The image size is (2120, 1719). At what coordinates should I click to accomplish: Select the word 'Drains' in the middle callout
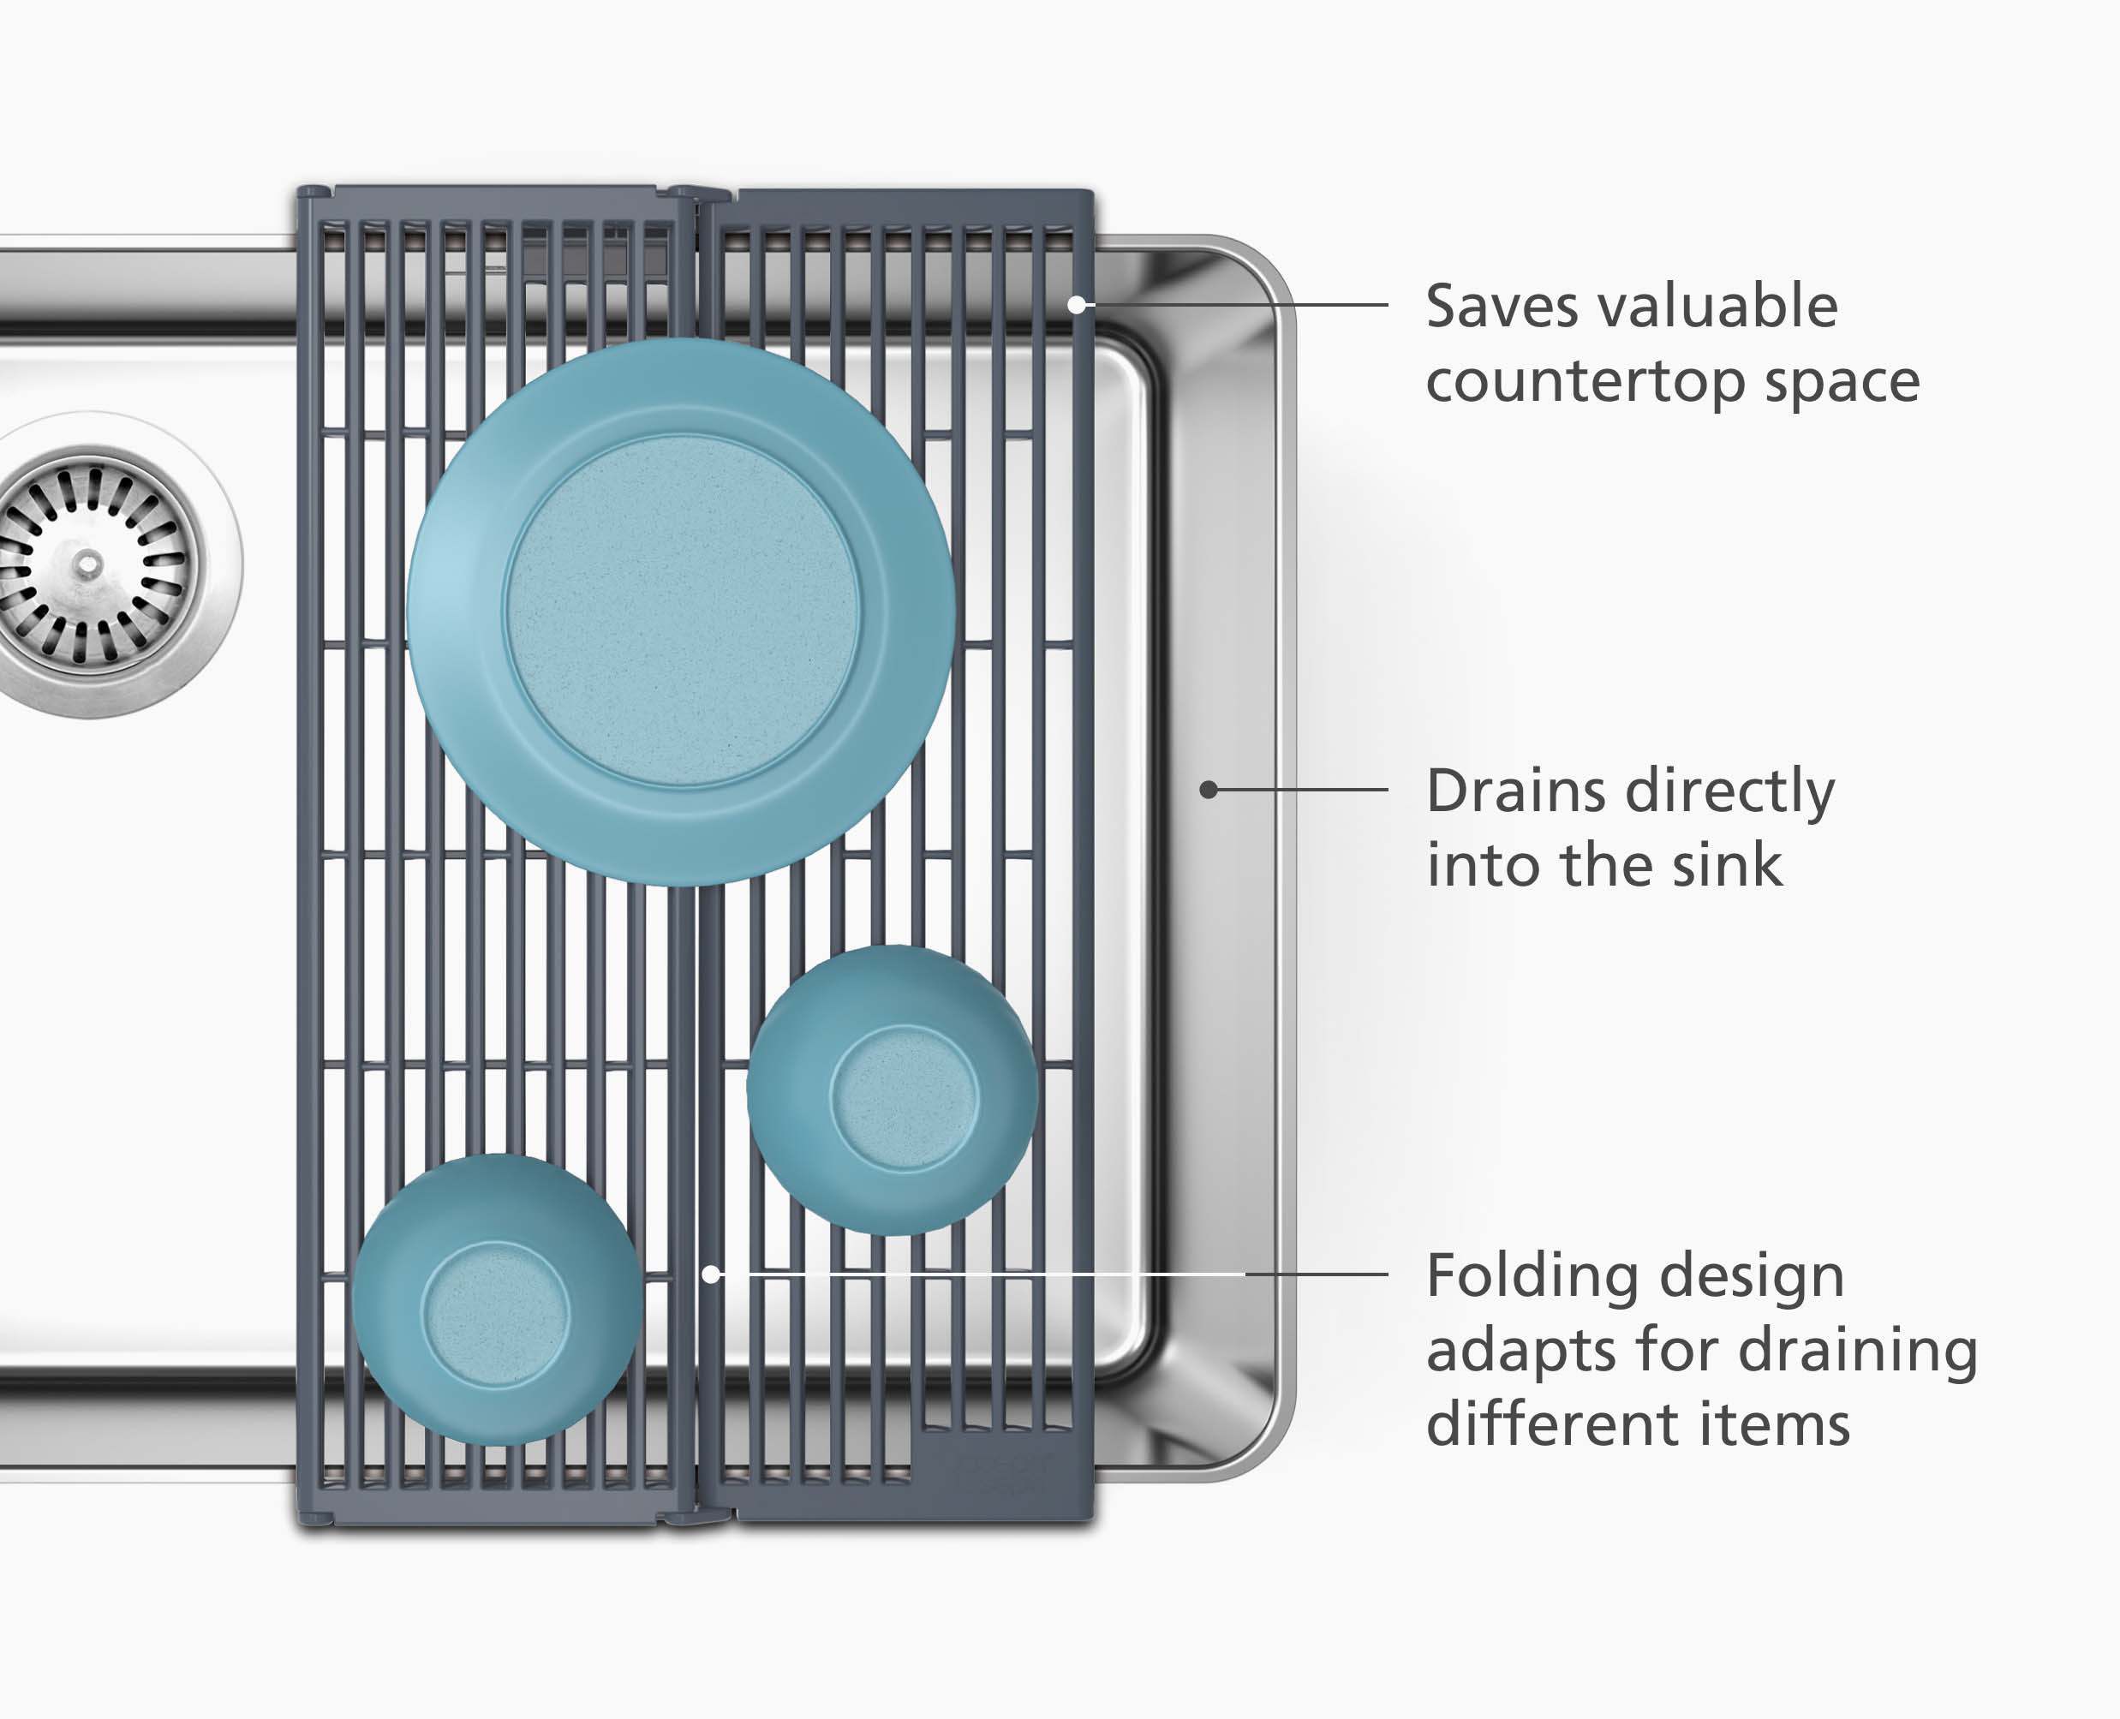pos(1516,791)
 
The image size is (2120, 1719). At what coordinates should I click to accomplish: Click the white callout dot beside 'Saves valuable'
pos(1077,305)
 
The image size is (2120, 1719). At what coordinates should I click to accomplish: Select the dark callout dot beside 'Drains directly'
pos(1208,789)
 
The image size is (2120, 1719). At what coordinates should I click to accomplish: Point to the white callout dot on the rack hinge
pos(711,1274)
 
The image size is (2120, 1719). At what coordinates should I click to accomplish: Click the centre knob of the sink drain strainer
pos(88,564)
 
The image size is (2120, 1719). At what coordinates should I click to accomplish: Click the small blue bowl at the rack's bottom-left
pos(497,1300)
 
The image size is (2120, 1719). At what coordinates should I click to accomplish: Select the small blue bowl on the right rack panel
pos(893,1090)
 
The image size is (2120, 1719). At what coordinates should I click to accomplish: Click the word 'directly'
pos(1732,793)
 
